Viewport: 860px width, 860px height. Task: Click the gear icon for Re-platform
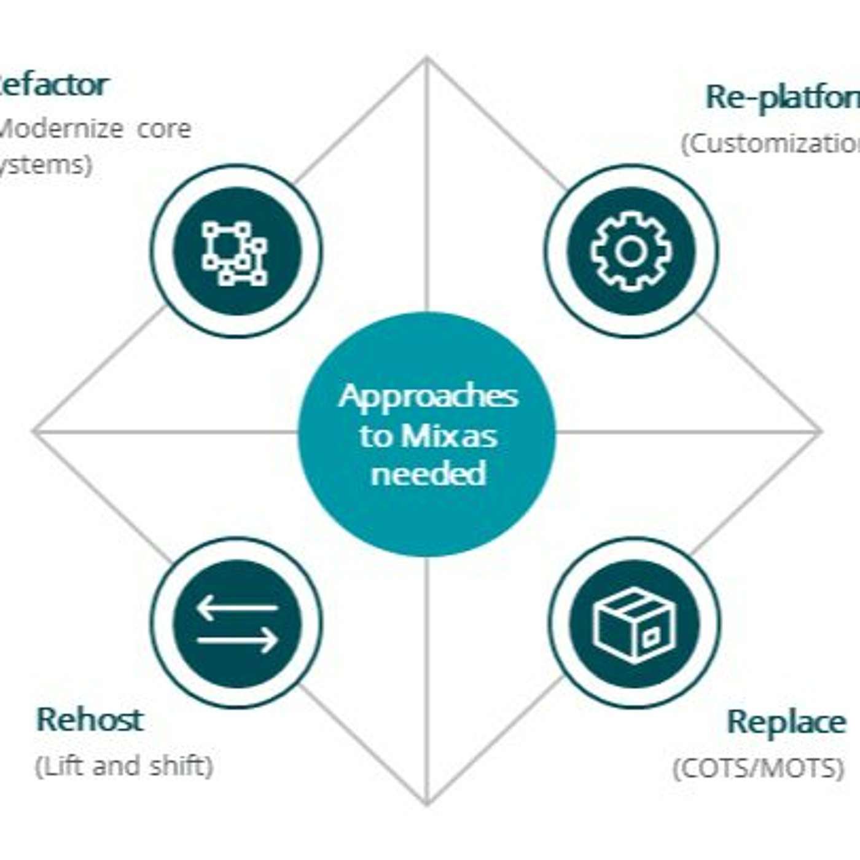point(631,251)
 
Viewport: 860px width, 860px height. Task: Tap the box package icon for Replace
point(634,624)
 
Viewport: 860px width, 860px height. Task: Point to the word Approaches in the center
point(428,396)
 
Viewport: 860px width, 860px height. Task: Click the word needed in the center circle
point(428,474)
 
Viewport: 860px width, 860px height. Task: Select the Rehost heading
point(90,719)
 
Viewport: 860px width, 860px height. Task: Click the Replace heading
point(786,721)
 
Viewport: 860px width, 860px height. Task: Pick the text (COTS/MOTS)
point(759,768)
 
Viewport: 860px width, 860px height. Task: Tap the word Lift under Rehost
point(56,766)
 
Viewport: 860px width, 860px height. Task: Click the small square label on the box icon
point(649,638)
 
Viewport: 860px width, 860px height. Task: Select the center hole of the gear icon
point(631,251)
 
